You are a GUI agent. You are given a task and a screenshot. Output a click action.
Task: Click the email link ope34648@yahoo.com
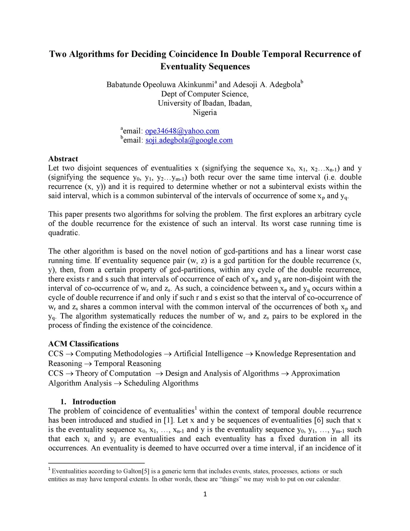(182, 131)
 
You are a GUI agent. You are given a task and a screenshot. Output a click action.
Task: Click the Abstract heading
(63, 159)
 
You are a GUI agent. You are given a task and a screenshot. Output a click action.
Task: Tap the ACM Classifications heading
(83, 344)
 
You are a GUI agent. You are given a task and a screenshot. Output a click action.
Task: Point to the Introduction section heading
(94, 402)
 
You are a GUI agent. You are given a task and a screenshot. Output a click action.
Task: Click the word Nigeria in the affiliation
(205, 113)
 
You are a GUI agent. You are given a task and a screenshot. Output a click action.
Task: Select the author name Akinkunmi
(194, 85)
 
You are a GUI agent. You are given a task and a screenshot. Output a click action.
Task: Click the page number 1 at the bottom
(205, 494)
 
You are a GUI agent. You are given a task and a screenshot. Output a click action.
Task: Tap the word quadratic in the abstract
(64, 233)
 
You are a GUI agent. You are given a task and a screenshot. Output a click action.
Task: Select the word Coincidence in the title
(193, 54)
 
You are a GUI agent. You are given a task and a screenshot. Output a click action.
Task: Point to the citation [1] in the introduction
(168, 420)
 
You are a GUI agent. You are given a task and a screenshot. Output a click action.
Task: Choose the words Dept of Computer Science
(205, 94)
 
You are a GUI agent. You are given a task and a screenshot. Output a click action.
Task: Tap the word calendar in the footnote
(327, 479)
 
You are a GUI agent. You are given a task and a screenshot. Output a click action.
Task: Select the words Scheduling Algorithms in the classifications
(161, 383)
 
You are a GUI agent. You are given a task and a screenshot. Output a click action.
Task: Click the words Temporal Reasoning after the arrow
(127, 363)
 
